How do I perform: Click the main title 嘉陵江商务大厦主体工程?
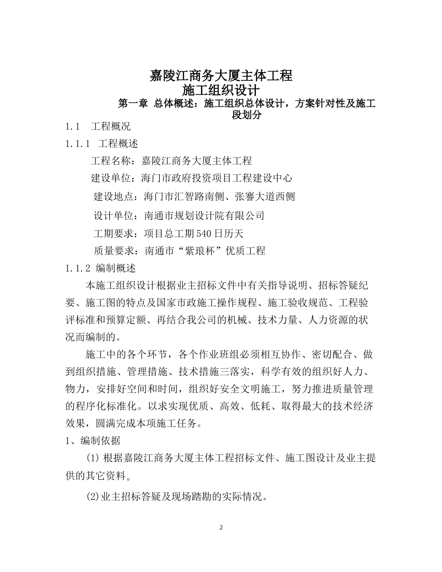point(221,75)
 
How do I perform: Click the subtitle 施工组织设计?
point(221,90)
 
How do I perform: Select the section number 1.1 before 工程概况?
point(74,126)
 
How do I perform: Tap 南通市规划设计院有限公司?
point(205,215)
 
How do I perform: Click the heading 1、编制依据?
point(93,441)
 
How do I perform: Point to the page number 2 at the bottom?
point(221,527)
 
